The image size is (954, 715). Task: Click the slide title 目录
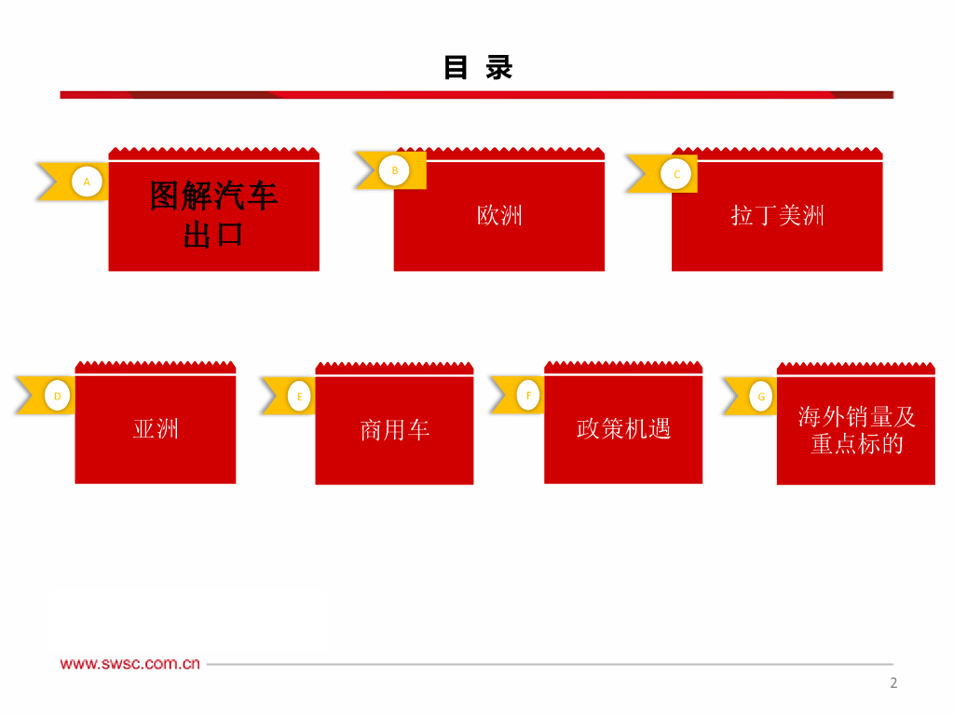[478, 68]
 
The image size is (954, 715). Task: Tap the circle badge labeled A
[87, 182]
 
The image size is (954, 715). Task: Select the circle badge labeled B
[394, 170]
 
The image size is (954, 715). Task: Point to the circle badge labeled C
[676, 174]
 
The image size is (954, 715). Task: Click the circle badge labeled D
[58, 396]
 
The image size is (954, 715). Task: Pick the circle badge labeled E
[299, 397]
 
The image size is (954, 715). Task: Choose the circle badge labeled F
[528, 395]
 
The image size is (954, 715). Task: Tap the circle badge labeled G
[761, 397]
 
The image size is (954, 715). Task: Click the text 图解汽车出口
[213, 214]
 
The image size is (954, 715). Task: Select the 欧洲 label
[499, 216]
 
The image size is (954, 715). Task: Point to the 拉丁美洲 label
[777, 216]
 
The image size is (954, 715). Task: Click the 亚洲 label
[156, 429]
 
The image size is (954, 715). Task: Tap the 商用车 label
[394, 430]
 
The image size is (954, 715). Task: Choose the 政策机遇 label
[623, 429]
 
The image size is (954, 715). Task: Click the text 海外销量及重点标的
[856, 430]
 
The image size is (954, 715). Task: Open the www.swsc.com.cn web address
[130, 664]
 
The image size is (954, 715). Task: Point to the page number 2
[893, 683]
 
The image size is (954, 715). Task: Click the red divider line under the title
[476, 94]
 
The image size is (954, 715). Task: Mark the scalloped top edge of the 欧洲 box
[499, 153]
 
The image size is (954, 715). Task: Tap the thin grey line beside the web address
[550, 664]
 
